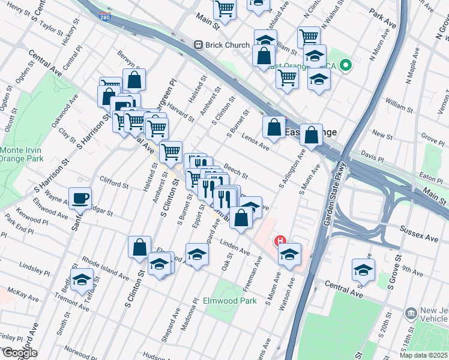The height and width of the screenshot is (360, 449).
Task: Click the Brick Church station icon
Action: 196,45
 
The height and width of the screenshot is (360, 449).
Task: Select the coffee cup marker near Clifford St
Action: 80,197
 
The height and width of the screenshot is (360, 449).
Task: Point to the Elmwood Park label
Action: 230,301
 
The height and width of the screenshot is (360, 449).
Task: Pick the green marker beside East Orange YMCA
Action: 346,65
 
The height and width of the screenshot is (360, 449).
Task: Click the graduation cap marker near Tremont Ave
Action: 82,280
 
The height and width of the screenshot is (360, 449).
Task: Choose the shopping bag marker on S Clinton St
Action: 139,247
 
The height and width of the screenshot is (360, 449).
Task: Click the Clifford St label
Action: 114,182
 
